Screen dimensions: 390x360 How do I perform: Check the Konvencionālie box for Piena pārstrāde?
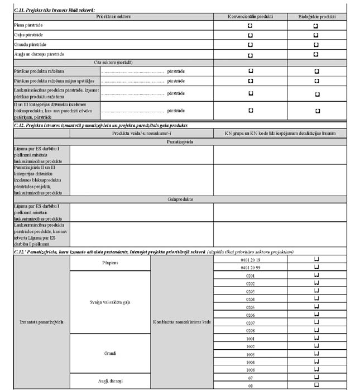(x=250, y=26)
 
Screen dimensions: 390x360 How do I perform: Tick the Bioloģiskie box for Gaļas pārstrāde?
(x=316, y=35)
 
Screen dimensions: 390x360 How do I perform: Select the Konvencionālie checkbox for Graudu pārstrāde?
(x=250, y=45)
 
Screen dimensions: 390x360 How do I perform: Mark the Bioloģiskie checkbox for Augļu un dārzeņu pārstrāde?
(x=316, y=54)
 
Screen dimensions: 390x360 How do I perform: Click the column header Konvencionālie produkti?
(x=250, y=17)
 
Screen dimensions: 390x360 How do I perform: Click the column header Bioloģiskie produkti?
(x=316, y=17)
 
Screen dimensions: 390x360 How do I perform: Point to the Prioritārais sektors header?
(x=113, y=17)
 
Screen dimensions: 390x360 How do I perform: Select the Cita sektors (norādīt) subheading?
(x=113, y=63)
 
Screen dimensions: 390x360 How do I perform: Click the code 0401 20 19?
(x=249, y=260)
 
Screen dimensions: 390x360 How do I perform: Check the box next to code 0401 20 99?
(x=316, y=268)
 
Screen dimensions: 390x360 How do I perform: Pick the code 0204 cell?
(x=249, y=299)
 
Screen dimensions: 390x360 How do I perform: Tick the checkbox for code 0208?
(x=316, y=330)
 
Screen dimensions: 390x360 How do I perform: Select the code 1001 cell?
(x=249, y=339)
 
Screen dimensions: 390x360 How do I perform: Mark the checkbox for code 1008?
(x=316, y=370)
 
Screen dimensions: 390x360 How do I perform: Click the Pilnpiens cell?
(x=110, y=263)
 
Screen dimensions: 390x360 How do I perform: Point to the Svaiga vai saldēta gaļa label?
(x=110, y=302)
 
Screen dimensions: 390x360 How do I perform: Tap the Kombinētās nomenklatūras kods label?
(x=182, y=322)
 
